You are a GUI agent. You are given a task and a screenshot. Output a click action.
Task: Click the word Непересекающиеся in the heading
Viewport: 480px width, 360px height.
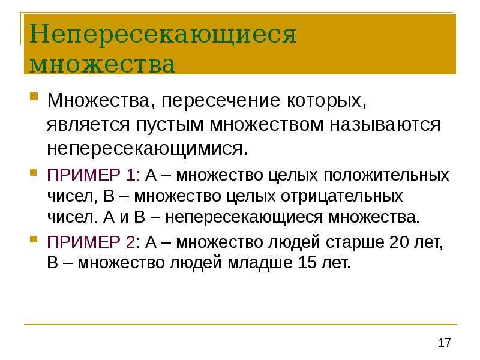coord(163,34)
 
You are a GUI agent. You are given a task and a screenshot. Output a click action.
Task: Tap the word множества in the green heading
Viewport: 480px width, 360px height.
coord(103,64)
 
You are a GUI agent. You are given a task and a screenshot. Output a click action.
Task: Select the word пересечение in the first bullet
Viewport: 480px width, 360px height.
coord(220,101)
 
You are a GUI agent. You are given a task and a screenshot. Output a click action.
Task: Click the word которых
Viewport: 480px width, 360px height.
coord(326,101)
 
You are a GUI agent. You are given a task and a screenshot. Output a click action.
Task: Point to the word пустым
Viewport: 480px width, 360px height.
coord(170,125)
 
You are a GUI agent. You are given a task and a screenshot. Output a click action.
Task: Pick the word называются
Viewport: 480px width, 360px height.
coord(385,125)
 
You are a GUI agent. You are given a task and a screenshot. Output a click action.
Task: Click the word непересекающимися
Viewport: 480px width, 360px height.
coord(147,149)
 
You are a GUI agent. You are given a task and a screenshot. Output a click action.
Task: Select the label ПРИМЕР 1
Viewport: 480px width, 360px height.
coord(91,175)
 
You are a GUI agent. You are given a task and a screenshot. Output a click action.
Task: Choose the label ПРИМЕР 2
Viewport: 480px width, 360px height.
coord(91,242)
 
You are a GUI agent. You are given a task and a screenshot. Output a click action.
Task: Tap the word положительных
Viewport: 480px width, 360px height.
coord(386,175)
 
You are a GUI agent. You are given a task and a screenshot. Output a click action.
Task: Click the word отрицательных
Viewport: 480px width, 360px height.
coord(341,197)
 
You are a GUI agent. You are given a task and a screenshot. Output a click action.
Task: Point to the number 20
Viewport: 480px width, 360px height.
coord(399,242)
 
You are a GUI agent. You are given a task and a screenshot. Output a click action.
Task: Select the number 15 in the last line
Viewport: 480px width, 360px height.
coord(307,263)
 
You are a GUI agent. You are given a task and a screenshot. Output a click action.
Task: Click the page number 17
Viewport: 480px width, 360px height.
coord(445,343)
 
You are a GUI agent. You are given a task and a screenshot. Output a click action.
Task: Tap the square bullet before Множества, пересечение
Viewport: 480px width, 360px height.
coord(34,97)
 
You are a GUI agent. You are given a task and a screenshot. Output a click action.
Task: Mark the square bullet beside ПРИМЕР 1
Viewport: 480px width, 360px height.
coord(34,173)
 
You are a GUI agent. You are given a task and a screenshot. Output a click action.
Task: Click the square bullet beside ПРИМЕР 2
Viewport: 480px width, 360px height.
coord(34,239)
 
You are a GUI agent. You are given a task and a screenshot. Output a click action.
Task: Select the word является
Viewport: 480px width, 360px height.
coord(88,125)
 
